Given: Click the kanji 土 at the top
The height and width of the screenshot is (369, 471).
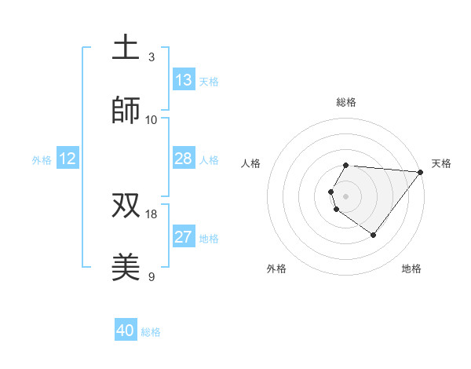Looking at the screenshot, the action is tap(126, 47).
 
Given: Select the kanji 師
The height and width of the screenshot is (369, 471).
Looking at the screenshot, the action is tap(126, 111).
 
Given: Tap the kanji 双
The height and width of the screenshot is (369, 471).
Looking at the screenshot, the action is tap(126, 204).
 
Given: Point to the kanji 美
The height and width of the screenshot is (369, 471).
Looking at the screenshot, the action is tap(126, 267).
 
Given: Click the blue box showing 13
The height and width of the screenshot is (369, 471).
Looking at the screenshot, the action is tap(184, 80).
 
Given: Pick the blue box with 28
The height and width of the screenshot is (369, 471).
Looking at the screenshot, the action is tap(184, 159).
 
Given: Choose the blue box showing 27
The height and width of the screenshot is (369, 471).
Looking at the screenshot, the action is tap(184, 237).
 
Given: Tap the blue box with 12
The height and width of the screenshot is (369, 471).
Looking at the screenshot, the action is tap(68, 159).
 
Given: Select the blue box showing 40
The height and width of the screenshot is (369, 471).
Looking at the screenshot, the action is tap(126, 331).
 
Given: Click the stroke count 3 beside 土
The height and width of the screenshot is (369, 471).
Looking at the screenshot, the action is tap(152, 57).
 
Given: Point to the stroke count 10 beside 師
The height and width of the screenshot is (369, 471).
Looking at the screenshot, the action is tap(152, 119).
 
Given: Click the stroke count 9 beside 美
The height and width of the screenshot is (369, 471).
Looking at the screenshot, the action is tap(152, 276).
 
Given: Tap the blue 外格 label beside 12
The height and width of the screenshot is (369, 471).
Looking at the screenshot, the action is tap(42, 160).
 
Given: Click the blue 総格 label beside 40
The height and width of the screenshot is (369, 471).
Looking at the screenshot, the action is tap(151, 332).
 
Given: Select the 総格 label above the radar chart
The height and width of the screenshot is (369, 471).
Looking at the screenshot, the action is tap(345, 102).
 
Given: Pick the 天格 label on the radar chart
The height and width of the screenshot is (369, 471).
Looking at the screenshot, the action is tap(441, 163).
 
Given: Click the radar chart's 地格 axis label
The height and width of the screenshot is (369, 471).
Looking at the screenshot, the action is tap(411, 269).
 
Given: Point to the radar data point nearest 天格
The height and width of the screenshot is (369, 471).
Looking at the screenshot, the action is tap(421, 172).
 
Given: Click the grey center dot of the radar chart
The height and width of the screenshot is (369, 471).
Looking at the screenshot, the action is tap(345, 195).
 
